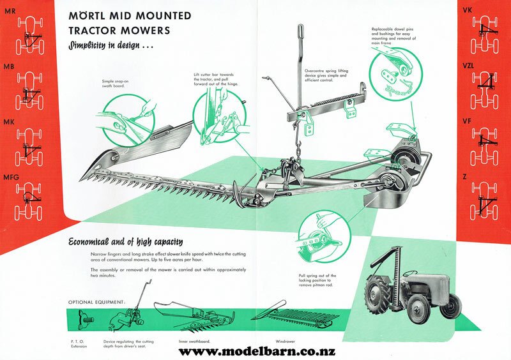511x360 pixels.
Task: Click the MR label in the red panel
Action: click(x=10, y=11)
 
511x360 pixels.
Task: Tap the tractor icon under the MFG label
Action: click(x=29, y=202)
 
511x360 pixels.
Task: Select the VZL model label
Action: click(x=468, y=66)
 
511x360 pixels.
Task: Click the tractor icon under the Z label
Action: click(x=485, y=200)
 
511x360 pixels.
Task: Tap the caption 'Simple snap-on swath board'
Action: click(x=113, y=84)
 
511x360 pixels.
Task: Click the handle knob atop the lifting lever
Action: click(x=300, y=32)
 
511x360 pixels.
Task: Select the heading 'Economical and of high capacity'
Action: click(x=125, y=242)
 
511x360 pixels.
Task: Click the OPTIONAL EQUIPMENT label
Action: click(x=96, y=302)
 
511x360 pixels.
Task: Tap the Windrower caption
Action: click(x=285, y=341)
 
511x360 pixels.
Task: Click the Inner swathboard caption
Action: click(x=194, y=341)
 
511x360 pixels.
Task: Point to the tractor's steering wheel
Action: click(x=410, y=273)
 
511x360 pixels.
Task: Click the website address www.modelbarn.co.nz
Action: click(x=257, y=352)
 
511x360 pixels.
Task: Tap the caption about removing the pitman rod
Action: click(x=317, y=280)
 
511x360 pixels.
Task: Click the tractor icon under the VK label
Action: click(x=485, y=34)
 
